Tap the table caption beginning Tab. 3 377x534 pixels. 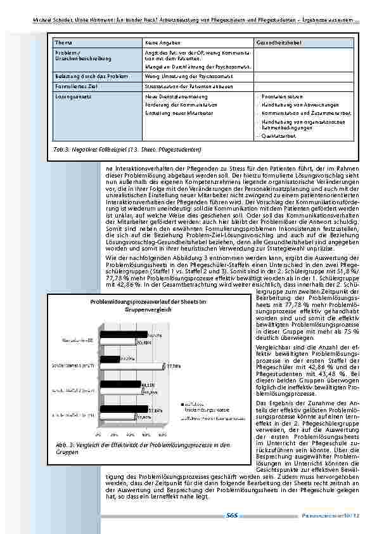tap(127, 149)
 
